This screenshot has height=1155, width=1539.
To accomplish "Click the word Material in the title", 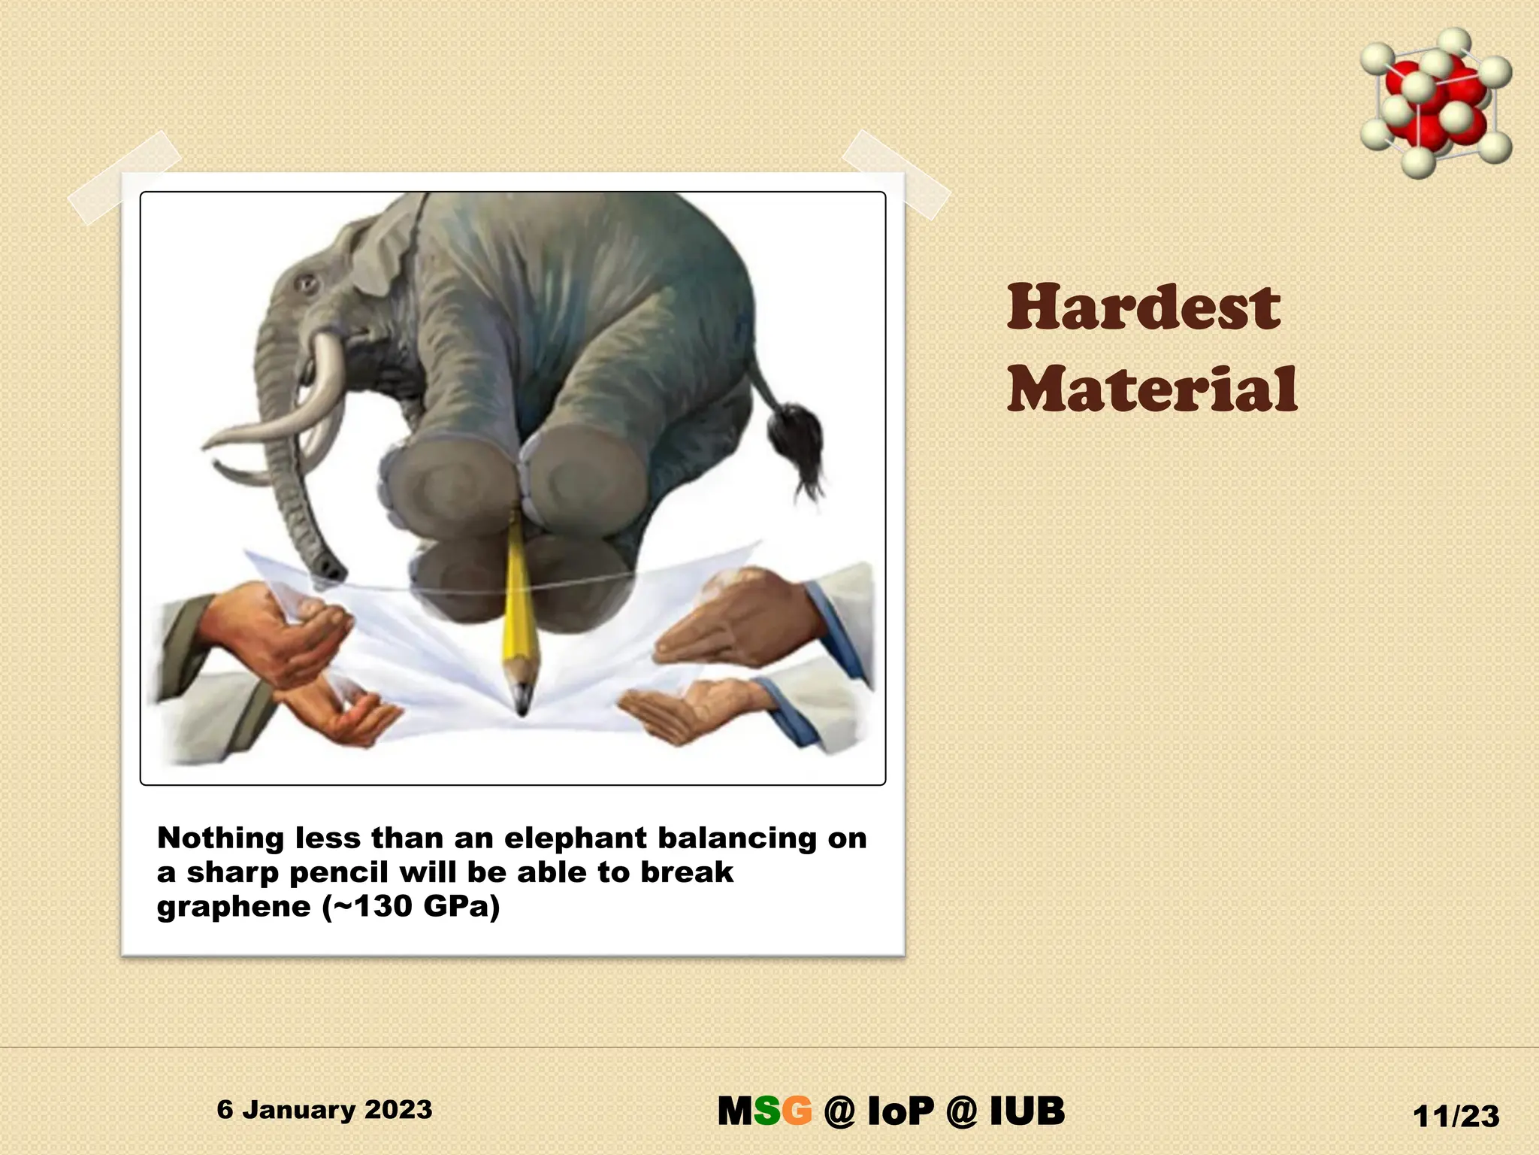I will tap(1152, 389).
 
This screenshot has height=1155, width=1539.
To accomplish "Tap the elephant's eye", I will tap(305, 284).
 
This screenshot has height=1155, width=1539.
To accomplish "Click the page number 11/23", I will tap(1456, 1116).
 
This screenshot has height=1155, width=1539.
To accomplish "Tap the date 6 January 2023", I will tap(325, 1109).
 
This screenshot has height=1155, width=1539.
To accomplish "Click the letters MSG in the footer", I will tap(764, 1111).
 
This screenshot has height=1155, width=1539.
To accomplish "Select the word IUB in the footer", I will tap(1027, 1111).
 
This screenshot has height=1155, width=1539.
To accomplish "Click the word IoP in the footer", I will tap(900, 1111).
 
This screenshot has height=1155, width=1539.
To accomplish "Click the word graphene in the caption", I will tap(233, 907).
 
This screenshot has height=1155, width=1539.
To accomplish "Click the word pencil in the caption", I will tap(339, 872).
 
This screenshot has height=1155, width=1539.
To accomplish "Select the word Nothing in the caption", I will tap(221, 838).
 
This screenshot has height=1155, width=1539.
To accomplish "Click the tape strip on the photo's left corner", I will tap(124, 177).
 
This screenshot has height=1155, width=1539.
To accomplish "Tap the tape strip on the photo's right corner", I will tap(896, 174).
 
